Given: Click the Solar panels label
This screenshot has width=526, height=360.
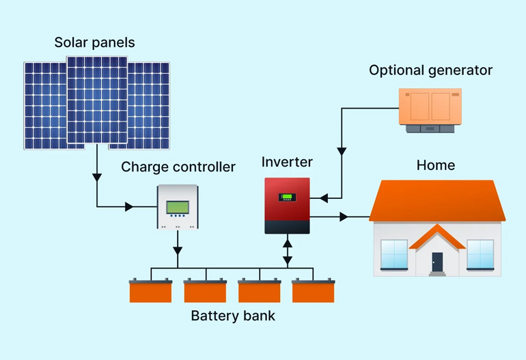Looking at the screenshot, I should (x=95, y=42).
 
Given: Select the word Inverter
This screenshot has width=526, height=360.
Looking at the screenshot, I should (x=287, y=163).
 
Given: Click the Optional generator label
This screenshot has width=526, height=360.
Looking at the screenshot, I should (x=430, y=70).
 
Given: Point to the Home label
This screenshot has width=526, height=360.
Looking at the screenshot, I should (x=436, y=165).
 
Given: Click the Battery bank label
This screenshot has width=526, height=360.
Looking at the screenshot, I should (x=232, y=316).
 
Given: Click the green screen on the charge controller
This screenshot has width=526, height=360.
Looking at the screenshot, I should (x=178, y=206).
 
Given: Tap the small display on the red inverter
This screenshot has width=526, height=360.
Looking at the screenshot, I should (x=287, y=197).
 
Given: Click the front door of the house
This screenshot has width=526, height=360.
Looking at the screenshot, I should (x=437, y=262).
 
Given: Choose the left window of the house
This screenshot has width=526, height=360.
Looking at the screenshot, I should (x=394, y=254).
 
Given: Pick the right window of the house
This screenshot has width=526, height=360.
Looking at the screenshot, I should (x=480, y=254).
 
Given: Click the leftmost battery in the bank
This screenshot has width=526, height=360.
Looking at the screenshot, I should (x=151, y=291).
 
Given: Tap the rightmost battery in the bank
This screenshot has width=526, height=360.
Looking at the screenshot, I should (x=313, y=291).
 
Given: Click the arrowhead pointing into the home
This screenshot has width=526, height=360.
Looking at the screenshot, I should (x=345, y=217).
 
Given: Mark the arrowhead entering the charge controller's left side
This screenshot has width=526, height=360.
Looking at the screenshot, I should (x=130, y=206).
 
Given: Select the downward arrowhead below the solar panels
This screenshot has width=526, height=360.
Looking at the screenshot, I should (x=97, y=178).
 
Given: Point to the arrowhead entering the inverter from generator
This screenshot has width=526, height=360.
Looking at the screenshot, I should (x=323, y=198).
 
